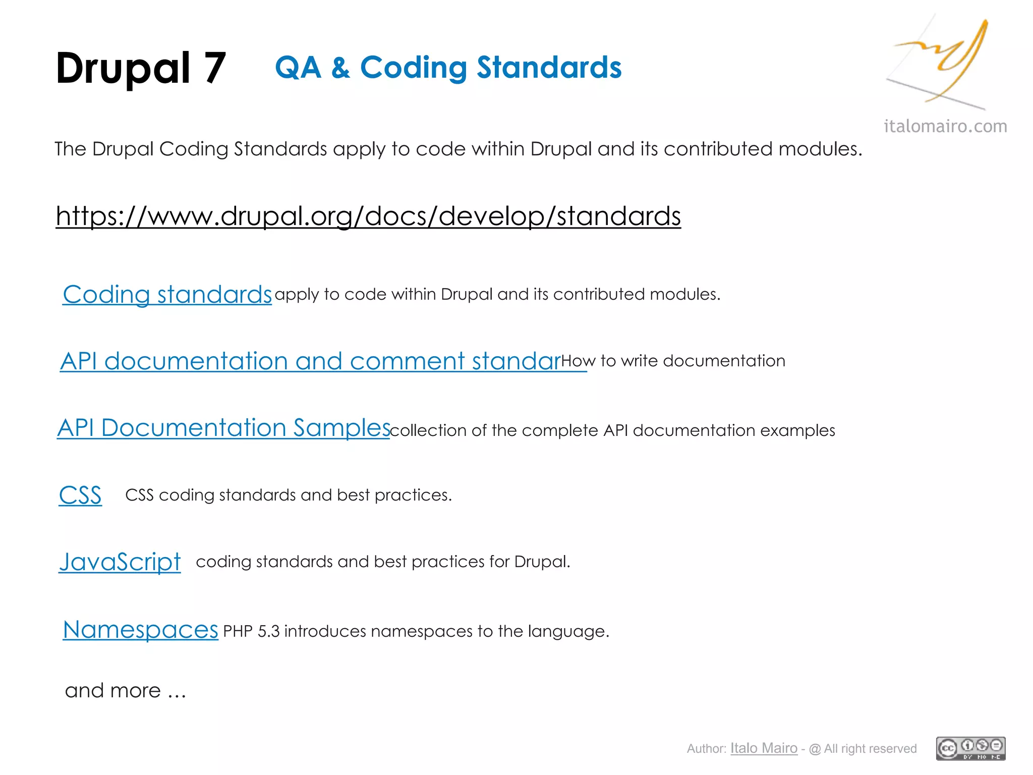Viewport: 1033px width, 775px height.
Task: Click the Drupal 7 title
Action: pyautogui.click(x=141, y=68)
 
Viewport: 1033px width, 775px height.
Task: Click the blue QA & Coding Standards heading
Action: pyautogui.click(x=448, y=68)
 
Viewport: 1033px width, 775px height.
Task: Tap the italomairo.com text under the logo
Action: pyautogui.click(x=945, y=126)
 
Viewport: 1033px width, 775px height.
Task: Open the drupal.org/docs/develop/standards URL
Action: pyautogui.click(x=368, y=216)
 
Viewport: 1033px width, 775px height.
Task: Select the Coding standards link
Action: pyautogui.click(x=167, y=295)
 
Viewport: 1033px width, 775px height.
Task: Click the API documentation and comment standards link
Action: pyautogui.click(x=310, y=361)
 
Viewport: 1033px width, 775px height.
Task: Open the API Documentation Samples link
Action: pyautogui.click(x=223, y=428)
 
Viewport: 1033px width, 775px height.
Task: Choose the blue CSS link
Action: pyautogui.click(x=80, y=495)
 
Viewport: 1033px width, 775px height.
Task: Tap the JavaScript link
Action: pyautogui.click(x=120, y=562)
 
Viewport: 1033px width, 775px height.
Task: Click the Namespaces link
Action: pyautogui.click(x=140, y=630)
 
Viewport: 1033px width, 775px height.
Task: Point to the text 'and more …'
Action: pyautogui.click(x=126, y=690)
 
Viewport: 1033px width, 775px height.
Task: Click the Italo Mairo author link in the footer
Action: pyautogui.click(x=764, y=748)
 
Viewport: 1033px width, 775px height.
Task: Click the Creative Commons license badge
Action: pyautogui.click(x=970, y=748)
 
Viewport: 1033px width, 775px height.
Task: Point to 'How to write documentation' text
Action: pyautogui.click(x=673, y=361)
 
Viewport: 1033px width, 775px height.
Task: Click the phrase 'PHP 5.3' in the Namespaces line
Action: pyautogui.click(x=251, y=631)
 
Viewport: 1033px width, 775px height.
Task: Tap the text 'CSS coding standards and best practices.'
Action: pyautogui.click(x=289, y=495)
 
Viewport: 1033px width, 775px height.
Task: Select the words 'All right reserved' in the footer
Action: pyautogui.click(x=870, y=749)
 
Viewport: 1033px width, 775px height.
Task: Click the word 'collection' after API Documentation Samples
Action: pyautogui.click(x=428, y=430)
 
